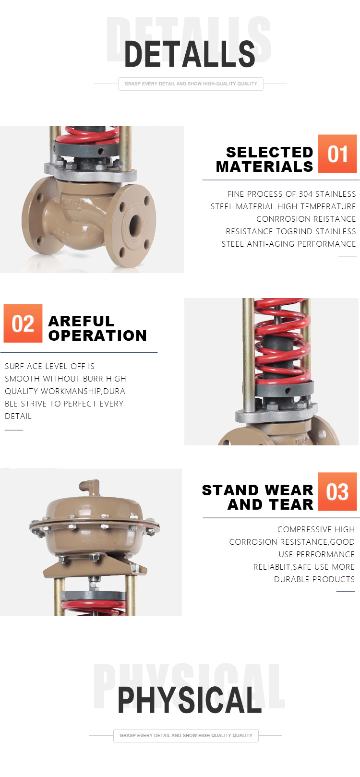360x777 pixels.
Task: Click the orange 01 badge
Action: tap(337, 154)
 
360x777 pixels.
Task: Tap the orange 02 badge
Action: tap(23, 323)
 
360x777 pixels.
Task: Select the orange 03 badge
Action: tap(337, 491)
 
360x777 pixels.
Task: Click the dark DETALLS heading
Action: tap(190, 54)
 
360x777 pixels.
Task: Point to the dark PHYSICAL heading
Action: tap(190, 700)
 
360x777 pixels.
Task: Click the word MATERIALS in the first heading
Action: tap(264, 167)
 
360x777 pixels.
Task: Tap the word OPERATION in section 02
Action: tap(97, 335)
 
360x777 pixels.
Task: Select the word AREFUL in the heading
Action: tap(81, 321)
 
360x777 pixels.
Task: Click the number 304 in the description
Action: tap(306, 194)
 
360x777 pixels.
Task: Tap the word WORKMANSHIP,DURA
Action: tap(83, 391)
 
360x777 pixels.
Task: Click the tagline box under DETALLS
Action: tap(191, 84)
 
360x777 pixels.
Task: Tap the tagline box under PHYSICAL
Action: tap(186, 735)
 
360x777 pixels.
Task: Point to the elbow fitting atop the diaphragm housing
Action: tap(89, 488)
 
